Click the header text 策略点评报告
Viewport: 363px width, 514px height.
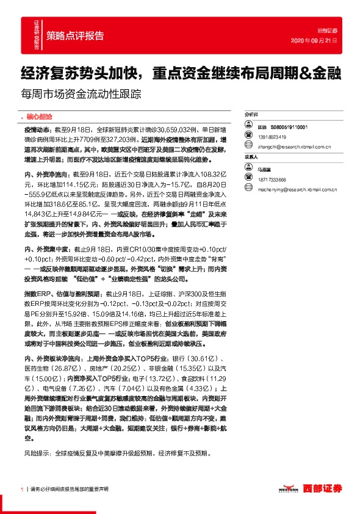point(74,34)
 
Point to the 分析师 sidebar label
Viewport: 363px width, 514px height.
point(251,114)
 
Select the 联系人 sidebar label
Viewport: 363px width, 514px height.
point(251,157)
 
